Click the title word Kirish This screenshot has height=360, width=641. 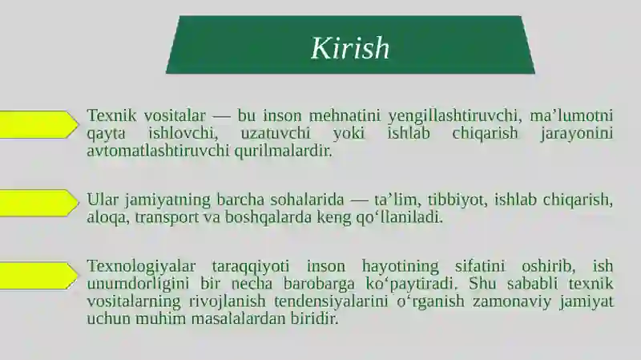pos(350,48)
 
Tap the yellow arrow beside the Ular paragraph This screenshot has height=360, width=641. pos(38,203)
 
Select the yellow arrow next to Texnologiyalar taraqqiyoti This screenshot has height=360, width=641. pos(38,275)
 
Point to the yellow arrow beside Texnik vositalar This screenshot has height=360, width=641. pos(38,124)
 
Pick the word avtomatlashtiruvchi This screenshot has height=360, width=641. pos(158,151)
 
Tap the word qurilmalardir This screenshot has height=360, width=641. pos(284,151)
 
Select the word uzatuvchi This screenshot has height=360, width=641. pos(276,133)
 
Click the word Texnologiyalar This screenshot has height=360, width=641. pos(141,267)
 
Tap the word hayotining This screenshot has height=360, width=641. pos(400,267)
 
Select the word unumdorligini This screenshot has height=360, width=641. pos(138,284)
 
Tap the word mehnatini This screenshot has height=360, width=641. pos(345,115)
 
